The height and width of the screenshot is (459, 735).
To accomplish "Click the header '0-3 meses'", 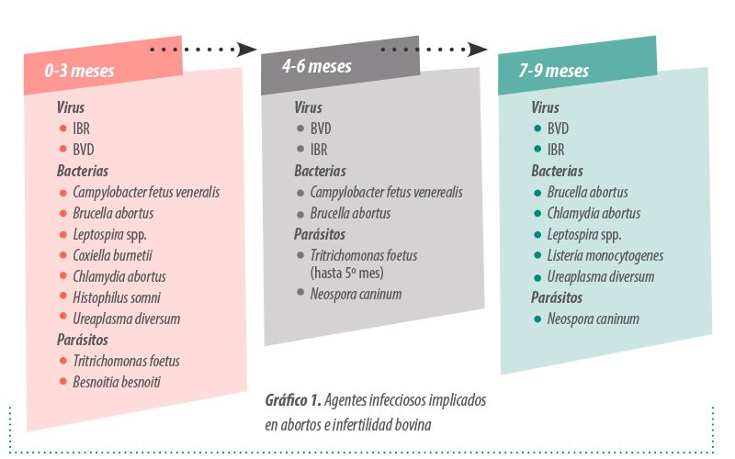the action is coord(79,71).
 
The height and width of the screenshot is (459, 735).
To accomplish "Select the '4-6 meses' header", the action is coord(316,66).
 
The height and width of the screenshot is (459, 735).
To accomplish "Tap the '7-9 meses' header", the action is coord(554,71).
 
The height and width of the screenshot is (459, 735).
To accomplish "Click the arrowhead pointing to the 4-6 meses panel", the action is coord(246,50).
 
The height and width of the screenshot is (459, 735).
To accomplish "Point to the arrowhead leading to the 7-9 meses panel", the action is coord(478,50).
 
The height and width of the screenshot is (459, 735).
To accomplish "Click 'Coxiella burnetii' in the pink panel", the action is coord(112,255).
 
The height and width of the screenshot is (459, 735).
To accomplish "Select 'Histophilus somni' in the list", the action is coord(117,297).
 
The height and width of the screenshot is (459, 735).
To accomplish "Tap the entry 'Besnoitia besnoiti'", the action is coord(117,382).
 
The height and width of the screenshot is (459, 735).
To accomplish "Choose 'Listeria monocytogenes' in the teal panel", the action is coord(605,256).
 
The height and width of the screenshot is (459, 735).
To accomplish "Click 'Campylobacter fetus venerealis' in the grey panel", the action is coord(386,192).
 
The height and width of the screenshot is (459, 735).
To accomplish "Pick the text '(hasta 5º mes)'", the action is coord(347,273).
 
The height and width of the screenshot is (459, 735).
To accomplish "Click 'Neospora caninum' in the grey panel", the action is coord(356,294).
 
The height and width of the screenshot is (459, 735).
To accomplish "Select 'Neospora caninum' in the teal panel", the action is coord(593,319).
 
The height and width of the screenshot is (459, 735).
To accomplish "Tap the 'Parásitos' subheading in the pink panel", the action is coord(83,340).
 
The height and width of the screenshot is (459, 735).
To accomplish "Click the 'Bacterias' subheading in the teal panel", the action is coord(557,171).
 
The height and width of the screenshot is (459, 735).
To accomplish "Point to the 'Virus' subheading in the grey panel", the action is coord(308,107).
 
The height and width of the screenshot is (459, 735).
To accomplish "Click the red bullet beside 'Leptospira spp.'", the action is coord(63,234).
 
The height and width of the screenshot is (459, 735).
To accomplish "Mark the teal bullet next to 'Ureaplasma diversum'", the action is coord(537,277).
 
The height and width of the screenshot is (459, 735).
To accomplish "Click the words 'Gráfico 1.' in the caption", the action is coord(293,400).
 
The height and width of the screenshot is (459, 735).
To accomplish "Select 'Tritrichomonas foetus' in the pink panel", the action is coord(126,361).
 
